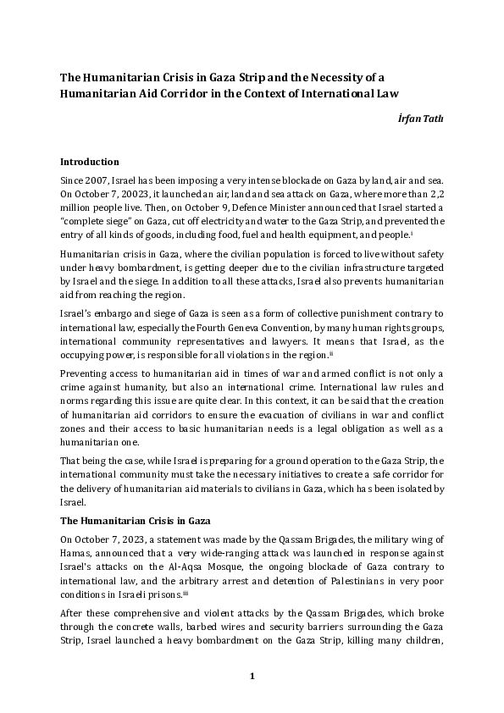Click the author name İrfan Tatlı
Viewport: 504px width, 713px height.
point(420,119)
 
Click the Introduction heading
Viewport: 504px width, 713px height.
point(89,161)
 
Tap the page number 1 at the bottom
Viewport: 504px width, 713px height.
point(252,676)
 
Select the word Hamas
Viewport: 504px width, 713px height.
point(75,553)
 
